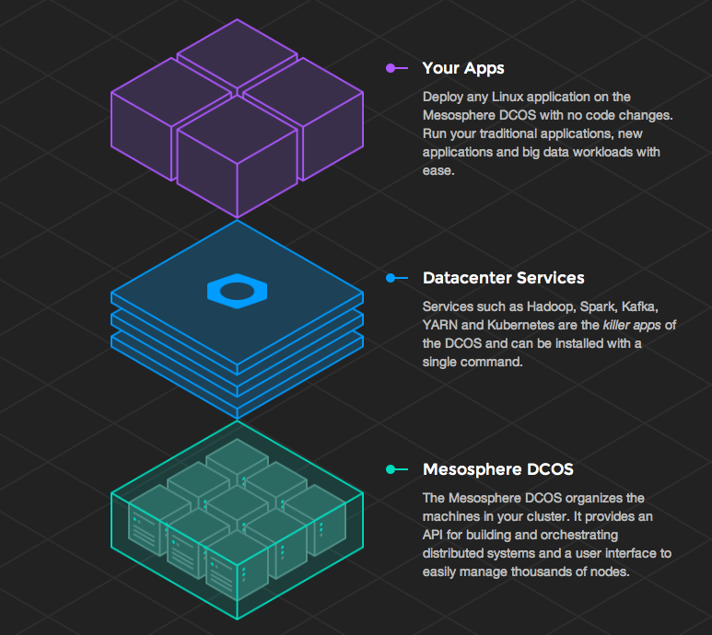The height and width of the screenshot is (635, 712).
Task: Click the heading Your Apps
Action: click(462, 68)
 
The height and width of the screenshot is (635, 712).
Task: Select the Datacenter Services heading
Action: click(503, 278)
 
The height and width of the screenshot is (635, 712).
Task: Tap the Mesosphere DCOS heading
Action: click(497, 469)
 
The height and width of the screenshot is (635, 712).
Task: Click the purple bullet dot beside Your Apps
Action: click(391, 68)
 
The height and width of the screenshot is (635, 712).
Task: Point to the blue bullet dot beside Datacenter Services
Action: click(391, 278)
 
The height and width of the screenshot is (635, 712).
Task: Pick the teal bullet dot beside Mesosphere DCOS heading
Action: click(391, 469)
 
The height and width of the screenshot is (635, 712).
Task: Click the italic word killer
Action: click(617, 325)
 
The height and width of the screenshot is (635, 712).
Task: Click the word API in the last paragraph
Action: click(435, 534)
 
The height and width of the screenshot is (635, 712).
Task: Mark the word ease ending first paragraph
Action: click(437, 171)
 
